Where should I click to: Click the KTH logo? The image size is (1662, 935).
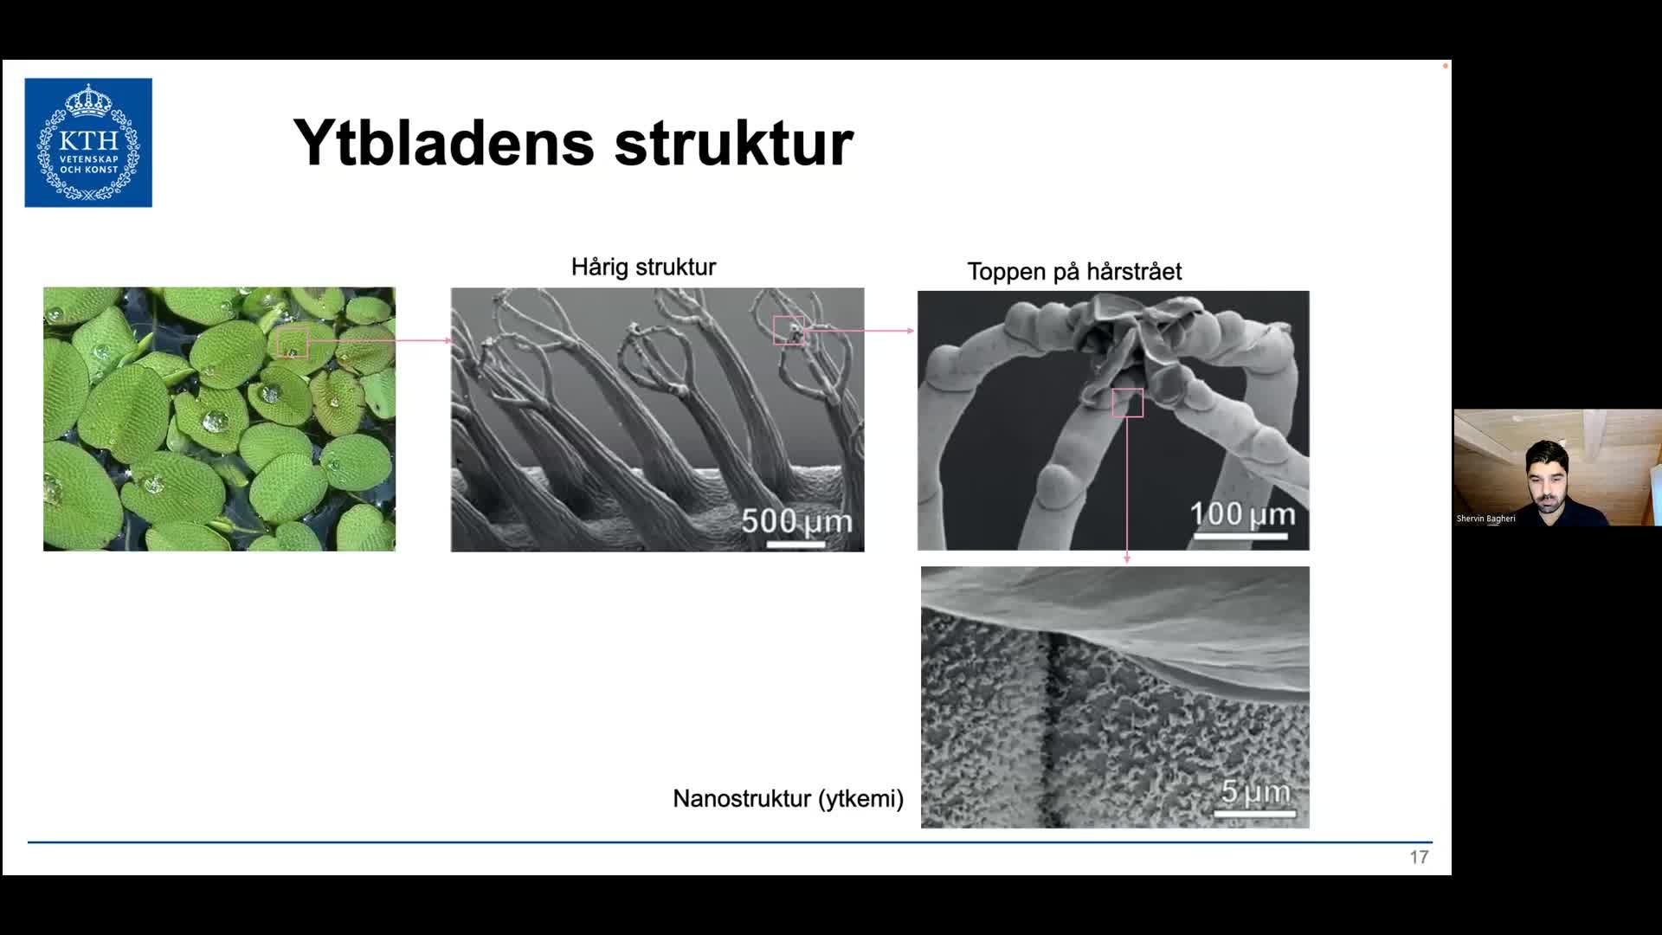88,143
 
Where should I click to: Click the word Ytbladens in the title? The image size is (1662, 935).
444,142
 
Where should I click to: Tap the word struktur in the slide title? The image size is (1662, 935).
734,143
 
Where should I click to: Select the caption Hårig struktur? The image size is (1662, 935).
643,267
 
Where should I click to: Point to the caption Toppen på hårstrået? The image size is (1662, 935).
1074,272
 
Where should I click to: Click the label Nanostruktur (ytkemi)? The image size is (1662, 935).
788,798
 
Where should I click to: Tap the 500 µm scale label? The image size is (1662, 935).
796,521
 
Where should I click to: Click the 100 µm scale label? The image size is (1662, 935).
1242,514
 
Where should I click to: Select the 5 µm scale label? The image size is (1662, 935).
1255,791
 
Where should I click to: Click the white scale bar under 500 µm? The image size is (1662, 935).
796,545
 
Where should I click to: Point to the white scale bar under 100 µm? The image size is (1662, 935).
1240,537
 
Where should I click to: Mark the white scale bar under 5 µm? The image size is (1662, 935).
1255,814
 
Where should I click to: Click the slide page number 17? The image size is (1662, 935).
1419,857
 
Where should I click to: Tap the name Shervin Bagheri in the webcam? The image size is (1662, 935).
1485,519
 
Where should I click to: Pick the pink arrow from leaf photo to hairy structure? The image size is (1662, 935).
380,340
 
